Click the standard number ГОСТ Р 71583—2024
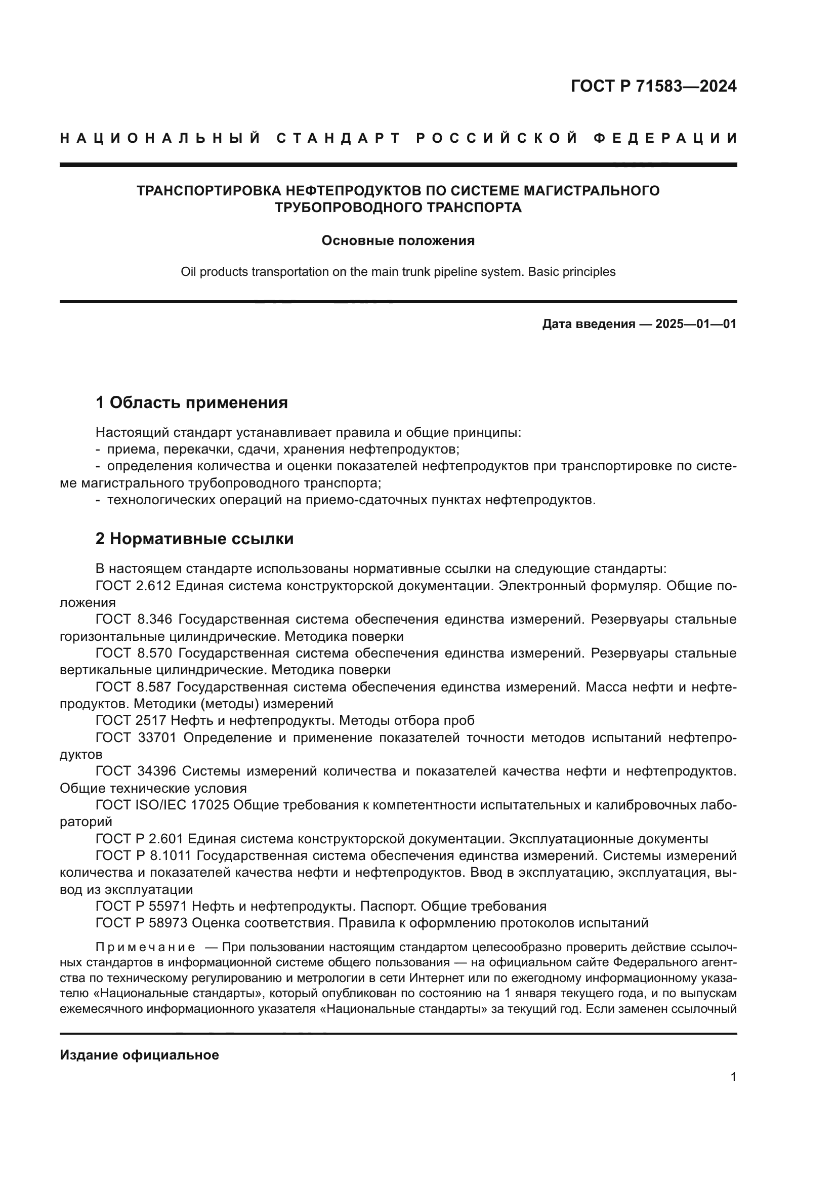(x=653, y=86)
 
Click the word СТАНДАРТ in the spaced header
(x=338, y=138)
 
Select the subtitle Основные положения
(x=398, y=241)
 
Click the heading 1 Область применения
(x=192, y=402)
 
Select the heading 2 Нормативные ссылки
(x=194, y=539)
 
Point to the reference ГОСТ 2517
(x=131, y=721)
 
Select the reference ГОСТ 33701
(x=136, y=738)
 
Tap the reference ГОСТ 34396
(x=136, y=771)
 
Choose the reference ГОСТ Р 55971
(x=142, y=906)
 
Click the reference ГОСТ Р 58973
(x=142, y=923)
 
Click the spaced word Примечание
(x=145, y=947)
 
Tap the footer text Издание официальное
(x=139, y=1055)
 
